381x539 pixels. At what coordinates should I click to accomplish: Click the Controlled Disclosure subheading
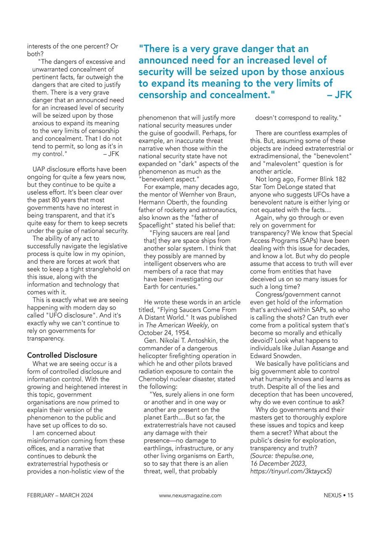click(62, 355)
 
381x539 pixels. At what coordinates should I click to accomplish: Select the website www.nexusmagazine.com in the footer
click(190, 496)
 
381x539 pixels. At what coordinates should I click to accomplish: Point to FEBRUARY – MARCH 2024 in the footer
click(60, 496)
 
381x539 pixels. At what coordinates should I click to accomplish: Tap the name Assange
click(322, 348)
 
